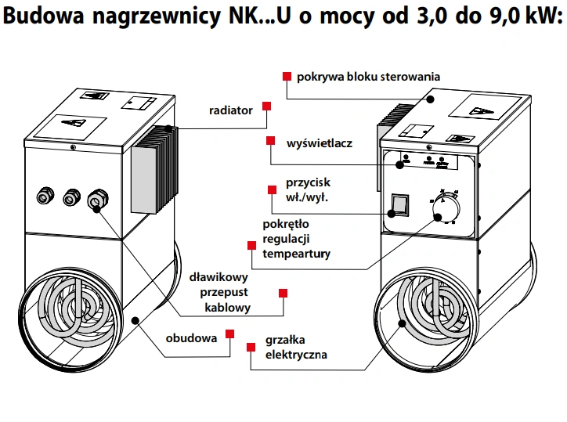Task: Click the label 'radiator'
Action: coord(230,111)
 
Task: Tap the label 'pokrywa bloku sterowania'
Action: coord(368,77)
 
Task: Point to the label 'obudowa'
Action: coord(190,340)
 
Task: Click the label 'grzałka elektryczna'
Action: coord(296,348)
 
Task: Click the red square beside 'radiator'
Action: coord(266,106)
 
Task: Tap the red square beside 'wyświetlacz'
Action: coord(270,141)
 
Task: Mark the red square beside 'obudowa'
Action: coord(230,334)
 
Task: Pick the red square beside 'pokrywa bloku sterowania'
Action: coord(287,77)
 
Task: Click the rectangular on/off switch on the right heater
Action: coord(399,205)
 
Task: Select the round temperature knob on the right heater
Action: coord(448,207)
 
